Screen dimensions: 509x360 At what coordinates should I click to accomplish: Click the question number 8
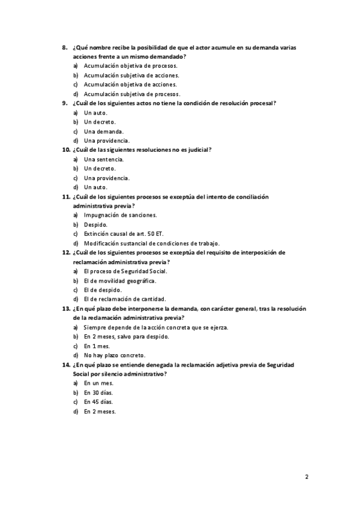click(x=65, y=47)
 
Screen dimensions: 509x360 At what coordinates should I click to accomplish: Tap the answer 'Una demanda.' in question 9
click(x=104, y=131)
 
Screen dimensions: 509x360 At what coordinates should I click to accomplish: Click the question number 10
click(x=66, y=150)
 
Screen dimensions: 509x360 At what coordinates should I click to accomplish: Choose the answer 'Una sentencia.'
click(x=104, y=159)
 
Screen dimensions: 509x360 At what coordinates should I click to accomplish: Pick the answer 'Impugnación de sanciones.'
click(x=120, y=215)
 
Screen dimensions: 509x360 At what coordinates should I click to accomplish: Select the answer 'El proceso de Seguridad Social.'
click(x=125, y=271)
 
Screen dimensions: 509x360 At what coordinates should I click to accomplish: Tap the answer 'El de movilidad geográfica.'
click(x=120, y=280)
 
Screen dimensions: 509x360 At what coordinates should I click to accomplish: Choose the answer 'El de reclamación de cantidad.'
click(x=125, y=299)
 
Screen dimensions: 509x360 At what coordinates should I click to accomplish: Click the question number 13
click(x=66, y=309)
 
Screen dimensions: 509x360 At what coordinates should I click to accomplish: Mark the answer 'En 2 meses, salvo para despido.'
click(x=126, y=337)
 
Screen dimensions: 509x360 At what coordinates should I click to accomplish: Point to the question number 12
click(x=66, y=253)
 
